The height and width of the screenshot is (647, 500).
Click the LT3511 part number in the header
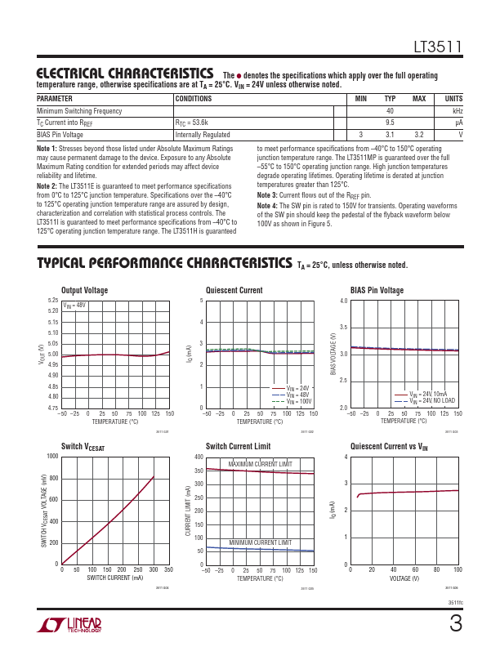pyautogui.click(x=440, y=49)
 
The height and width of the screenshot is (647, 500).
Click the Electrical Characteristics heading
pyautogui.click(x=126, y=74)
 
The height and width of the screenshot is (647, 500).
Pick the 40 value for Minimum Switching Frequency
pyautogui.click(x=390, y=110)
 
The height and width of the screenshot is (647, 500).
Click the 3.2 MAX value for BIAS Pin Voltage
pyautogui.click(x=419, y=134)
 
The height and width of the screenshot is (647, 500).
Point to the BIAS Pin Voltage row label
pyautogui.click(x=60, y=134)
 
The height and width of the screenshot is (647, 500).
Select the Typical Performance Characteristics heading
pyautogui.click(x=163, y=264)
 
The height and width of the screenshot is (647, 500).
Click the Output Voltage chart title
pyautogui.click(x=84, y=290)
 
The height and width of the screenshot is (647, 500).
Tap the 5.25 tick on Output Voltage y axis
pyautogui.click(x=53, y=301)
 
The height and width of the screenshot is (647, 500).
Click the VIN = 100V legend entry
pyautogui.click(x=299, y=401)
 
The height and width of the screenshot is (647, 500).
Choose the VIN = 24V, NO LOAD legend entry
pyautogui.click(x=432, y=401)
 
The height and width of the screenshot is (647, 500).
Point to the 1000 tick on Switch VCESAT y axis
pyautogui.click(x=52, y=456)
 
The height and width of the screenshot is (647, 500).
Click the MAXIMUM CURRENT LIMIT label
pyautogui.click(x=259, y=464)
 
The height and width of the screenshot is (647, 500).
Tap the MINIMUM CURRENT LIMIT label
pyautogui.click(x=260, y=542)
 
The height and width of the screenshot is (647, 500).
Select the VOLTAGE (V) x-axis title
pyautogui.click(x=404, y=578)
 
